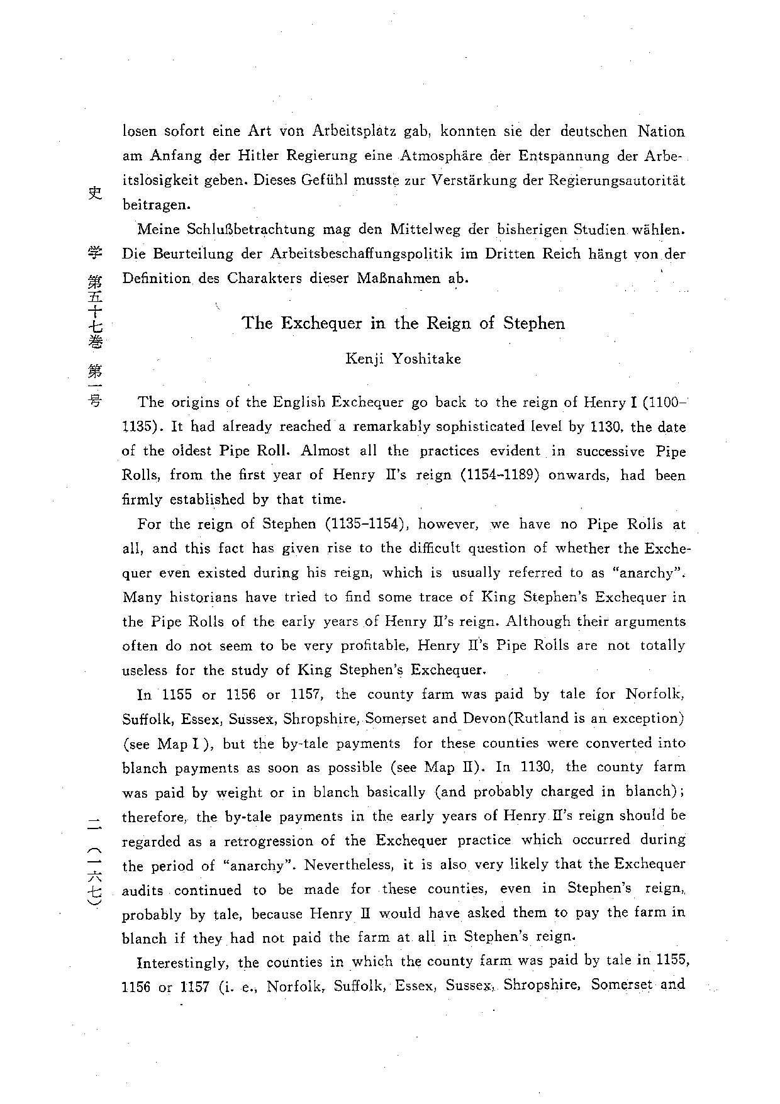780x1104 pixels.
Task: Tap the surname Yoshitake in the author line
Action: pyautogui.click(x=426, y=359)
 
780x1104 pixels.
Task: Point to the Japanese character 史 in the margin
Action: pyautogui.click(x=94, y=193)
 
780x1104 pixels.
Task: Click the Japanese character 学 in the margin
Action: pyautogui.click(x=94, y=255)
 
